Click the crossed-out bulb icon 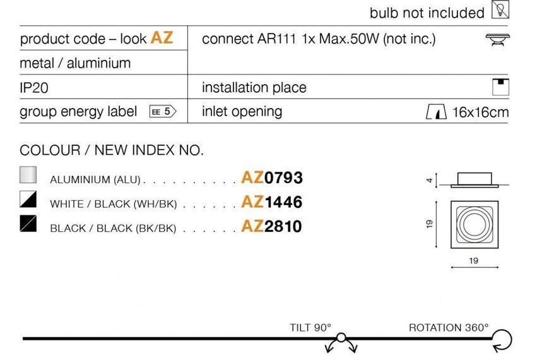point(500,9)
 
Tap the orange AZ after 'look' point(162,37)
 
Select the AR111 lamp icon point(497,39)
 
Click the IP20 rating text point(34,88)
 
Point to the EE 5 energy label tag point(163,111)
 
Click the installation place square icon point(500,87)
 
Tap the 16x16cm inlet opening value point(480,112)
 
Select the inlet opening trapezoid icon point(436,112)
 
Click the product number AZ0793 point(272,177)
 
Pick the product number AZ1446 point(272,202)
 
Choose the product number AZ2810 point(272,226)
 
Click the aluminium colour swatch point(28,174)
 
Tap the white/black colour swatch point(28,199)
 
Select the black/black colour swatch point(28,224)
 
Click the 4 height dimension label point(430,180)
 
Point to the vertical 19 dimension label point(430,224)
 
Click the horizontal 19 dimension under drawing point(474,261)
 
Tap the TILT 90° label point(310,328)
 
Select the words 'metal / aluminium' point(75,63)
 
